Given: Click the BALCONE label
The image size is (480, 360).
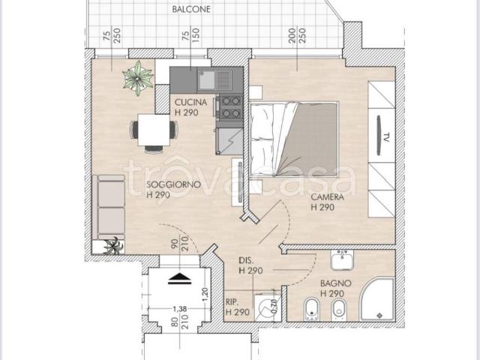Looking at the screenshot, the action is [x=191, y=9].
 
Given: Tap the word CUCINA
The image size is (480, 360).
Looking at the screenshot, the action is [x=190, y=102].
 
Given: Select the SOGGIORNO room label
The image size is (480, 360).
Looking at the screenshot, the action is [x=173, y=184].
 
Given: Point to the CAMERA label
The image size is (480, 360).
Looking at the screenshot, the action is [x=327, y=196].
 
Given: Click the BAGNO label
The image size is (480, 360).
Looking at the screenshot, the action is [x=336, y=283].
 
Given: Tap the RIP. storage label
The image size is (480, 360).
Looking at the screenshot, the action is [x=232, y=302].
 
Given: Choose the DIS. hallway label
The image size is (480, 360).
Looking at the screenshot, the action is [x=246, y=261].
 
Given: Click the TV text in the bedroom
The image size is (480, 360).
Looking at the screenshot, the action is [x=386, y=137].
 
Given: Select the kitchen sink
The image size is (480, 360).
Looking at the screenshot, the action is [x=214, y=80].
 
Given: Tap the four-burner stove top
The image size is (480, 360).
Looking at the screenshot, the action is [x=229, y=107].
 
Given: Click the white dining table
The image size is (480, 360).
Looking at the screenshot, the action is [x=154, y=130].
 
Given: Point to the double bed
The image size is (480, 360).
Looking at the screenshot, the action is [x=294, y=139].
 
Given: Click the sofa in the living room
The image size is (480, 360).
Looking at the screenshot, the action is [x=111, y=207].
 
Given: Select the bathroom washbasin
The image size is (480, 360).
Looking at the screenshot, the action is [x=342, y=260].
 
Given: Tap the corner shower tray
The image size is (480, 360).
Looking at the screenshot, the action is [x=376, y=299].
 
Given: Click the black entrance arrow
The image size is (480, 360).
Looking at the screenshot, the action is [x=180, y=278].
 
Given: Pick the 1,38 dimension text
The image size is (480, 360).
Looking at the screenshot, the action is [x=180, y=309].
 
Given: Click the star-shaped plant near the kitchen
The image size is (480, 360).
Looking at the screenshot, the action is [x=138, y=78].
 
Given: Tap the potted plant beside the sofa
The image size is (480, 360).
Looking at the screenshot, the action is [x=113, y=246].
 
